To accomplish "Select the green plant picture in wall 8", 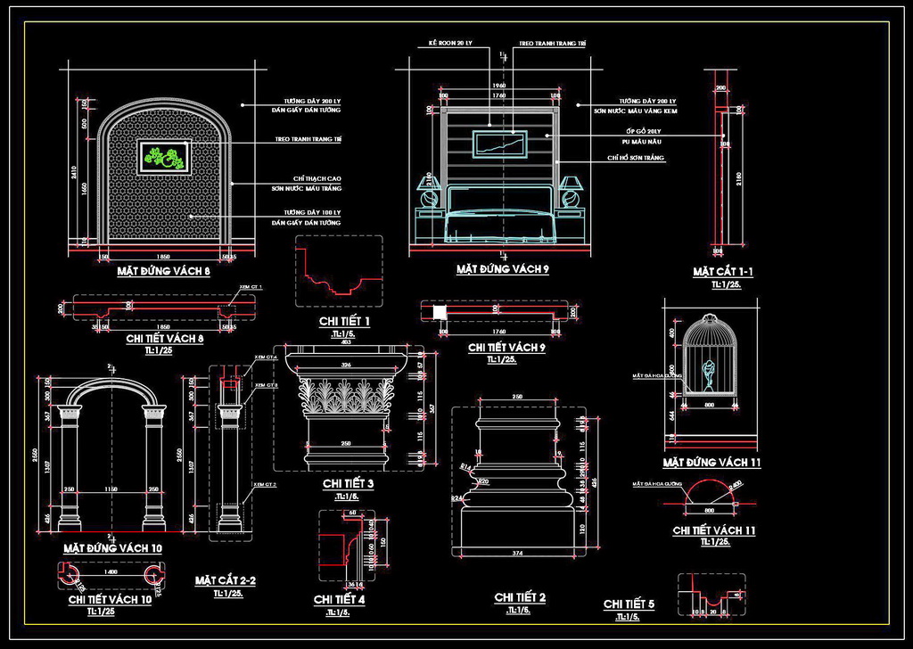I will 163,158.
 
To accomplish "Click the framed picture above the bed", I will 501,144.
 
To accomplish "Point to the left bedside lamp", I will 430,190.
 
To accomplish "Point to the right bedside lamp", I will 570,190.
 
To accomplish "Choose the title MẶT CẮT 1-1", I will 722,271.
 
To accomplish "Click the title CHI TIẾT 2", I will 520,596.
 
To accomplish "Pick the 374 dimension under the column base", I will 517,554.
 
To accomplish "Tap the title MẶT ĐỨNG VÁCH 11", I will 711,463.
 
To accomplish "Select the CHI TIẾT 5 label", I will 629,604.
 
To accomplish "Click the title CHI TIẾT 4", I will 339,599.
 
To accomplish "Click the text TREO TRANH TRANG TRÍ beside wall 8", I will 308,141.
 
